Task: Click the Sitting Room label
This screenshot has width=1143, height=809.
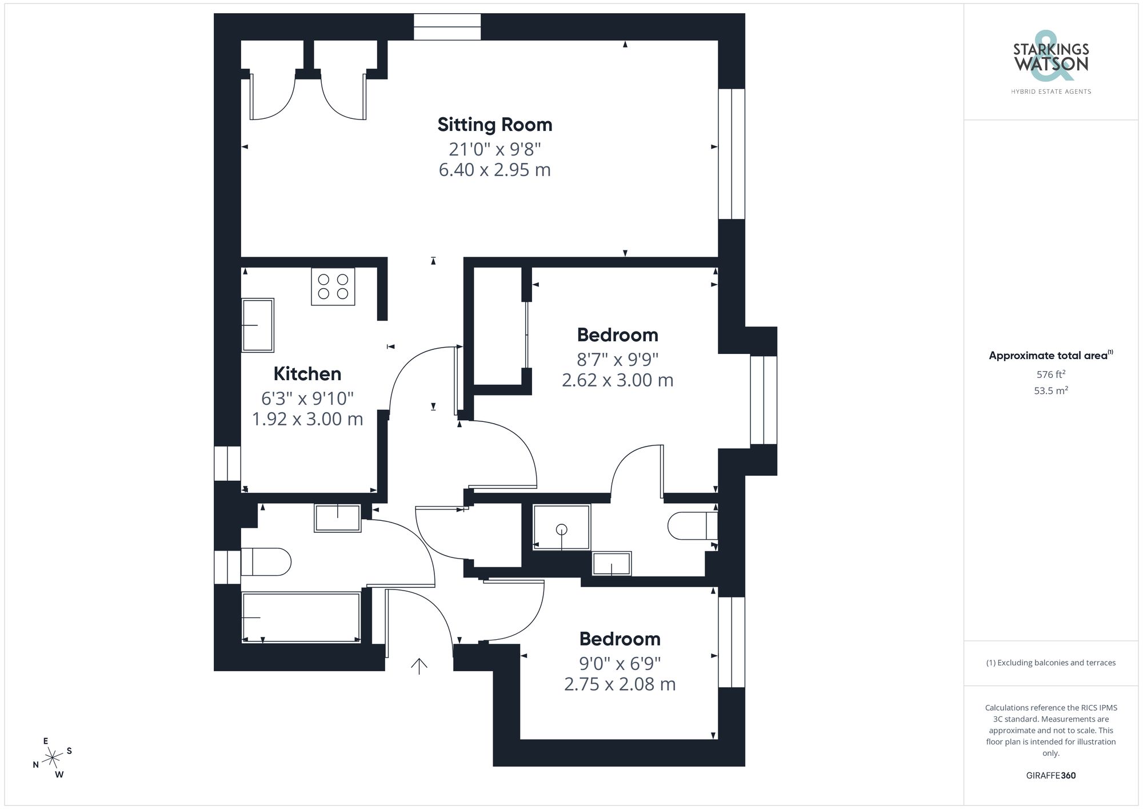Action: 494,125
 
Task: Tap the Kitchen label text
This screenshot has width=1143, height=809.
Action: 307,374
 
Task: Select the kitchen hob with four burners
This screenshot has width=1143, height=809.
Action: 333,286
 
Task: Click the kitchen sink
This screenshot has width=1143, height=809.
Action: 258,325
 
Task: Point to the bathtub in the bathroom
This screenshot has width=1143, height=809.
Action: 301,617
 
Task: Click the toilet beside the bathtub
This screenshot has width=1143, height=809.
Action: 266,561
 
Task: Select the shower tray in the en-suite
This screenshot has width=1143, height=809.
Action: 561,527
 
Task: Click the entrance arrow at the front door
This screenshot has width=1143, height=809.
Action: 419,665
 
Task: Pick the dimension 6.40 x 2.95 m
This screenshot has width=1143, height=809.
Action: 494,170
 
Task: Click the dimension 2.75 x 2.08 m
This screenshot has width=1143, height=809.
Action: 620,684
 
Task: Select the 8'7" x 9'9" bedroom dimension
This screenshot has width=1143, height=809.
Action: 617,360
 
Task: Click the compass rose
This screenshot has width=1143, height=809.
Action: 53,758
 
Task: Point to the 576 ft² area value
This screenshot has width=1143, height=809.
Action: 1050,374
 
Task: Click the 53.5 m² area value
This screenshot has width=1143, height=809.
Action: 1050,391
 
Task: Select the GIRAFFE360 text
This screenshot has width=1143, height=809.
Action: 1050,776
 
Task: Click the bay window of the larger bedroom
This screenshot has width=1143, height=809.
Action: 764,400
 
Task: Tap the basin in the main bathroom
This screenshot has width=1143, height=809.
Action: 337,518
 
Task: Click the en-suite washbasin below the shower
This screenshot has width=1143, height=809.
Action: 612,564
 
